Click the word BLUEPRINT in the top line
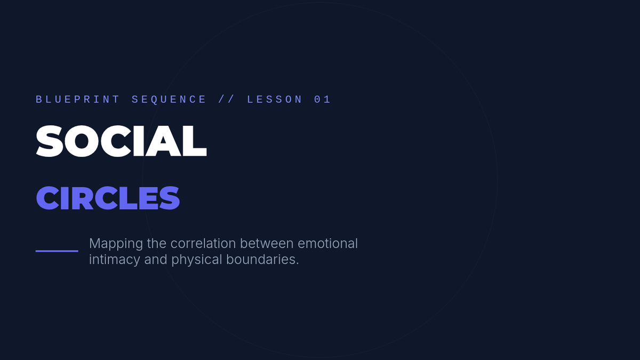tap(78, 99)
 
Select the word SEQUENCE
tap(169, 100)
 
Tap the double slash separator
tap(226, 99)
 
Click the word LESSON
tap(275, 99)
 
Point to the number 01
tap(322, 99)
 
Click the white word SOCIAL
tap(121, 141)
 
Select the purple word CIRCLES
tap(108, 198)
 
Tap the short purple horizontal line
tap(57, 251)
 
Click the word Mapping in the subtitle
tap(116, 244)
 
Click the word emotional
tap(327, 243)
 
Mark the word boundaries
tap(262, 259)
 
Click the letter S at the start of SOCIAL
tap(50, 141)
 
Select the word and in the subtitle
tap(156, 259)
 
